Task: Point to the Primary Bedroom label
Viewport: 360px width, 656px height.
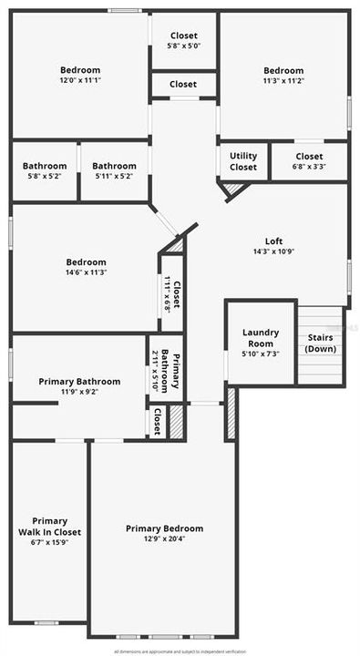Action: [164, 528]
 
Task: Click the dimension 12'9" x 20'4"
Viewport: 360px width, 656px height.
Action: [164, 539]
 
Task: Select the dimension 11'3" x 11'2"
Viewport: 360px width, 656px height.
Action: [283, 80]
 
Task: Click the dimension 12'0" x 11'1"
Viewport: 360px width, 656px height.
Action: [80, 80]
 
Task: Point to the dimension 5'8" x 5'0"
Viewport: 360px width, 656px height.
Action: [183, 46]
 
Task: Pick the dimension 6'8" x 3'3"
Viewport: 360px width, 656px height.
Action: [309, 167]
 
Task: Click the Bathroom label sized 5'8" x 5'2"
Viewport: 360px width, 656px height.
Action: [42, 166]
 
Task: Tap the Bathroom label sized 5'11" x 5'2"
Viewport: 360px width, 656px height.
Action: [115, 166]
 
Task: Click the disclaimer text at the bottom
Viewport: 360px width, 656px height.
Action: [180, 651]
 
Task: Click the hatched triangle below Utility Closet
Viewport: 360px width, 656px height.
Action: [233, 189]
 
